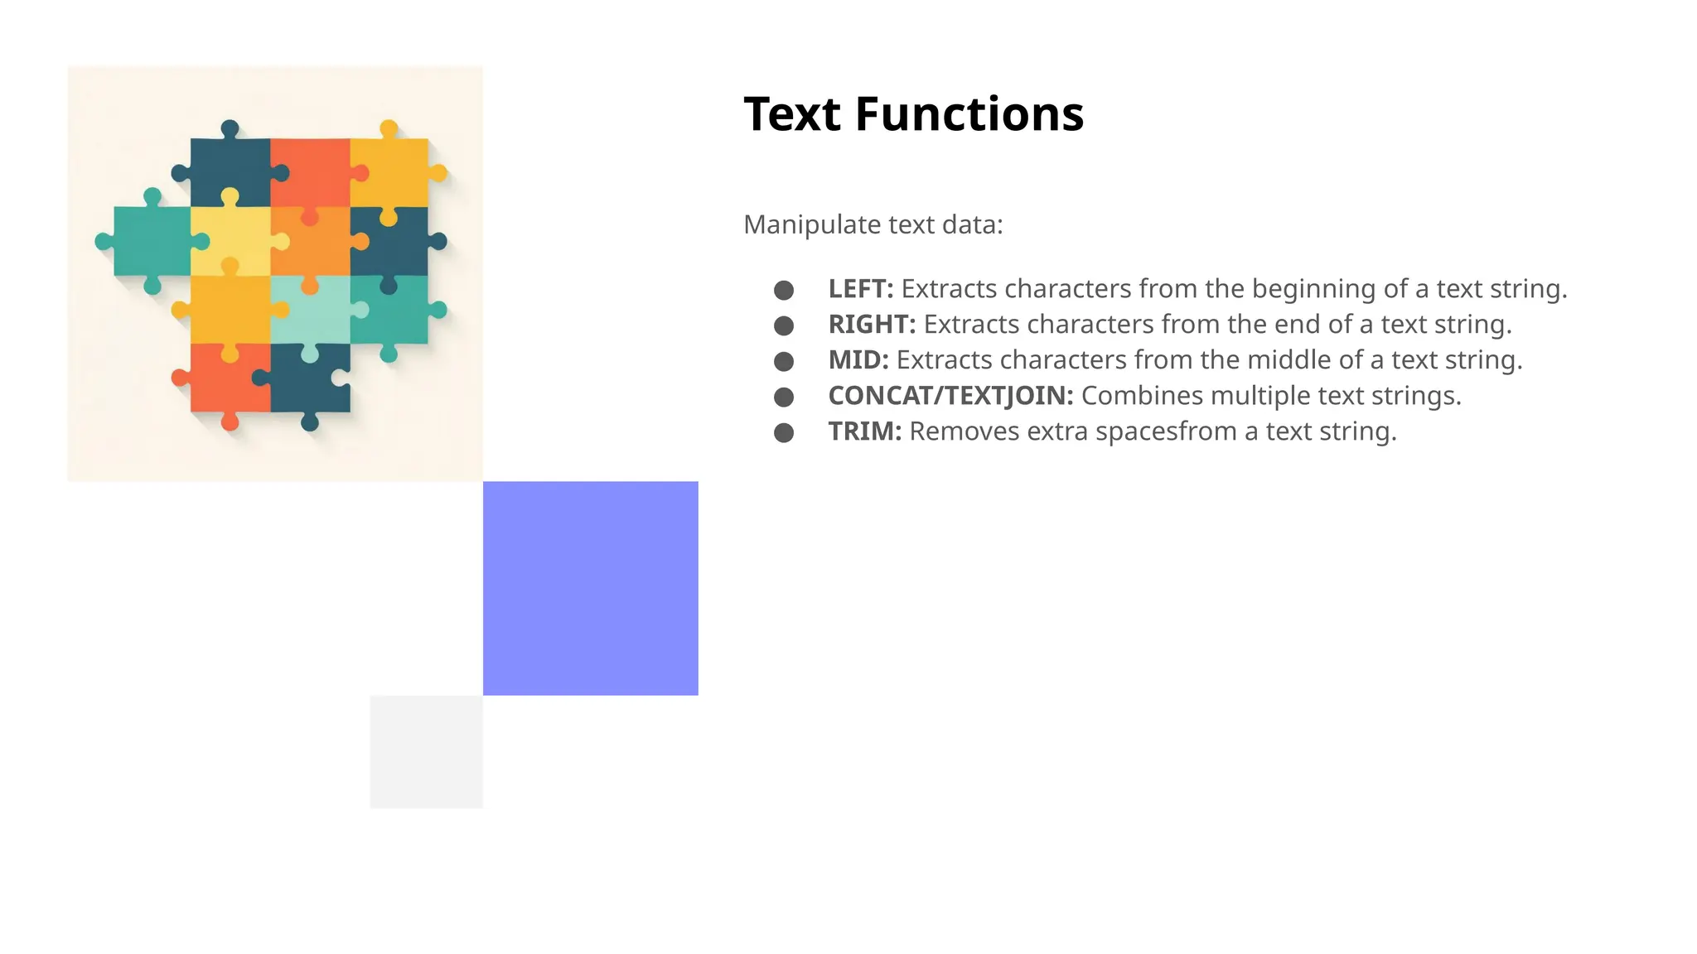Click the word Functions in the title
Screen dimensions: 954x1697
point(969,114)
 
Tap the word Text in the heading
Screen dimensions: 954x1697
point(791,114)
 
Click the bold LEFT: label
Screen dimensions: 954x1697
point(861,289)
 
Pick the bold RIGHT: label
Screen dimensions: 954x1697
point(872,325)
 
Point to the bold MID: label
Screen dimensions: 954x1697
point(858,360)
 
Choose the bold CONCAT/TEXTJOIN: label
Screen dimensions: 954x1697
point(950,396)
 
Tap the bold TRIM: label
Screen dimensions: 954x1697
point(864,431)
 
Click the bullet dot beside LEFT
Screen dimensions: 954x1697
point(784,290)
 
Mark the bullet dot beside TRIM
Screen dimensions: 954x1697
point(784,432)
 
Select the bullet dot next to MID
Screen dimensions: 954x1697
point(784,361)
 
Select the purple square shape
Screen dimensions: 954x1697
point(590,588)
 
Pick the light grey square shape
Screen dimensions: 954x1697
point(426,752)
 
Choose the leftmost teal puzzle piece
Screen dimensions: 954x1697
point(152,241)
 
